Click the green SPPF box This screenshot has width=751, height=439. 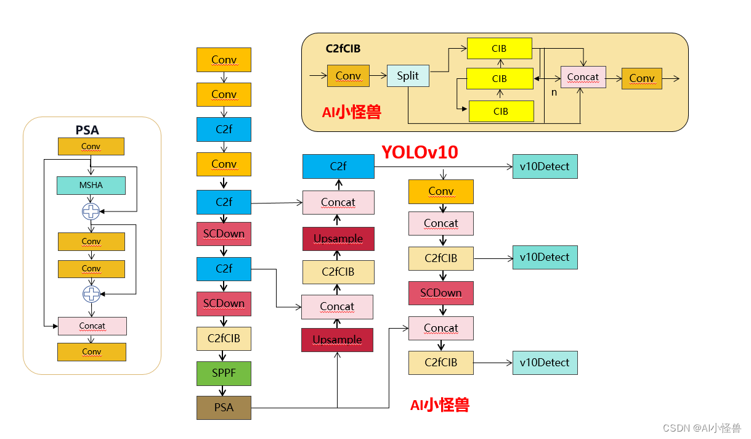[224, 373]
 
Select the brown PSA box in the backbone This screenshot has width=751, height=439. [224, 408]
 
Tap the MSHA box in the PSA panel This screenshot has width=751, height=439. [91, 186]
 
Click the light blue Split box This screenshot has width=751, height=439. [408, 76]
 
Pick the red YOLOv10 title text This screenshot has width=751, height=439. [420, 152]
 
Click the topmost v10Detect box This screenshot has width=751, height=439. [545, 166]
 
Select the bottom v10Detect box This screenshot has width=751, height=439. [545, 363]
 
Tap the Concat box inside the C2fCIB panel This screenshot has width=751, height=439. [583, 77]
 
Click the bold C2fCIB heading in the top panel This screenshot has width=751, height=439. [343, 47]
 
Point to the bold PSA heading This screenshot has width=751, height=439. [87, 130]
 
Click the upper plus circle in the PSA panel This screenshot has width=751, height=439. [91, 211]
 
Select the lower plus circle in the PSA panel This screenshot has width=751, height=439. [91, 294]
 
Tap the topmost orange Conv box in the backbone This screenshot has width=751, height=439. [224, 60]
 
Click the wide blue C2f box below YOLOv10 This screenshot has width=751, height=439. [338, 166]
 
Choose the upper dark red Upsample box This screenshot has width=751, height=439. [338, 239]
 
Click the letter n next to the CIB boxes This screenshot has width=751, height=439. [554, 92]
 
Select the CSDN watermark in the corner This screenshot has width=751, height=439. [701, 428]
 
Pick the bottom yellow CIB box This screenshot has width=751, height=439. [501, 111]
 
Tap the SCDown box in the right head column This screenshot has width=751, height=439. [441, 293]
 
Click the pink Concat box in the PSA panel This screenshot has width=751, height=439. [92, 326]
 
